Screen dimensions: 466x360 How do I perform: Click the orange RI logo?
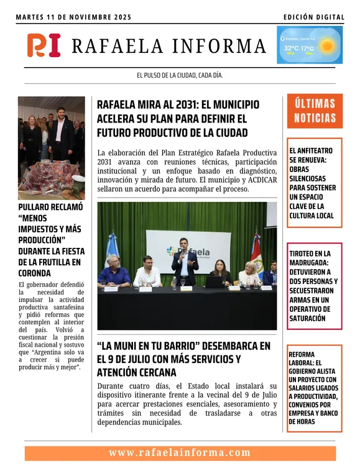[44, 45]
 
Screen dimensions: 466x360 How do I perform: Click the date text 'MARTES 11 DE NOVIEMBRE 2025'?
[73, 17]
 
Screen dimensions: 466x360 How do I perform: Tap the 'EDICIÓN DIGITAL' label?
[313, 17]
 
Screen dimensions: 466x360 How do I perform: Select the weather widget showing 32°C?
[309, 45]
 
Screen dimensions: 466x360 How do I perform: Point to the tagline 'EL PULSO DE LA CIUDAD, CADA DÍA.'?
[180, 75]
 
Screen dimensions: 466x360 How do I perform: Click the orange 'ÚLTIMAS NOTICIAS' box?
[315, 111]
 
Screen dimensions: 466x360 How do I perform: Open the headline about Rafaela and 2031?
[178, 118]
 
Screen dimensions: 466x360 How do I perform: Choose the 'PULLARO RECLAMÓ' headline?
[51, 239]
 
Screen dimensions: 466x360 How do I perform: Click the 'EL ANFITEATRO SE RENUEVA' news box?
[315, 183]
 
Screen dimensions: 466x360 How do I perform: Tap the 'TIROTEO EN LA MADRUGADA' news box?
[315, 286]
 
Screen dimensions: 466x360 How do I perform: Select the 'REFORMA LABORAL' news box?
[315, 388]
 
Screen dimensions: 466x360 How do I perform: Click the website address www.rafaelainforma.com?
[180, 453]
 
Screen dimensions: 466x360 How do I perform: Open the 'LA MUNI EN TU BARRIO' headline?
[184, 359]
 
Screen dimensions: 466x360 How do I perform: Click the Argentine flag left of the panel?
[112, 249]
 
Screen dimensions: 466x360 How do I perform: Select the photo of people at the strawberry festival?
[51, 148]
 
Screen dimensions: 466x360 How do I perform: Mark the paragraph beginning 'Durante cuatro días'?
[187, 404]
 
